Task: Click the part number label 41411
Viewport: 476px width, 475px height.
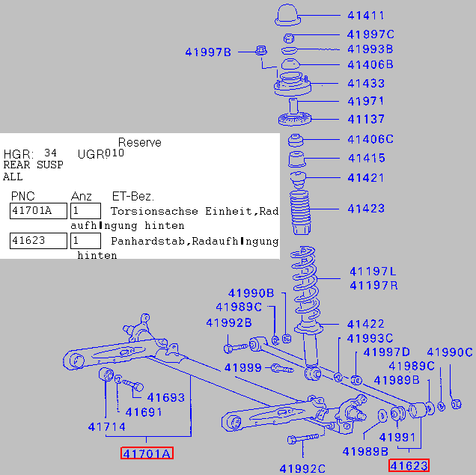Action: click(365, 15)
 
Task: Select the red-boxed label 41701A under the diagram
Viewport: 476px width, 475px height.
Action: click(147, 453)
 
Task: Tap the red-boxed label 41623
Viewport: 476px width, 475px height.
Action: click(408, 466)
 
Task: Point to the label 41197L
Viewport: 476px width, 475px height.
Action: click(373, 272)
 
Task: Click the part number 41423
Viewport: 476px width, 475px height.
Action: click(365, 208)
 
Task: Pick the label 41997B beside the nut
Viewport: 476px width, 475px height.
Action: click(208, 52)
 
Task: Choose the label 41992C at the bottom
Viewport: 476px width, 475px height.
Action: click(302, 469)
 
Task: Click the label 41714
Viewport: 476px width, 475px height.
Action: click(106, 428)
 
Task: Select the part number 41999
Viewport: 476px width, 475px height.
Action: click(242, 367)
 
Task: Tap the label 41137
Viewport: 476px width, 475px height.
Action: click(365, 119)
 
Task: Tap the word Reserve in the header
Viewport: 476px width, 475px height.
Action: click(139, 142)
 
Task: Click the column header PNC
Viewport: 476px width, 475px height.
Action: click(22, 196)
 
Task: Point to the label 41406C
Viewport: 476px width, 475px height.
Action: click(370, 139)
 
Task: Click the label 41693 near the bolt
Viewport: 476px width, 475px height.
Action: click(165, 397)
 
